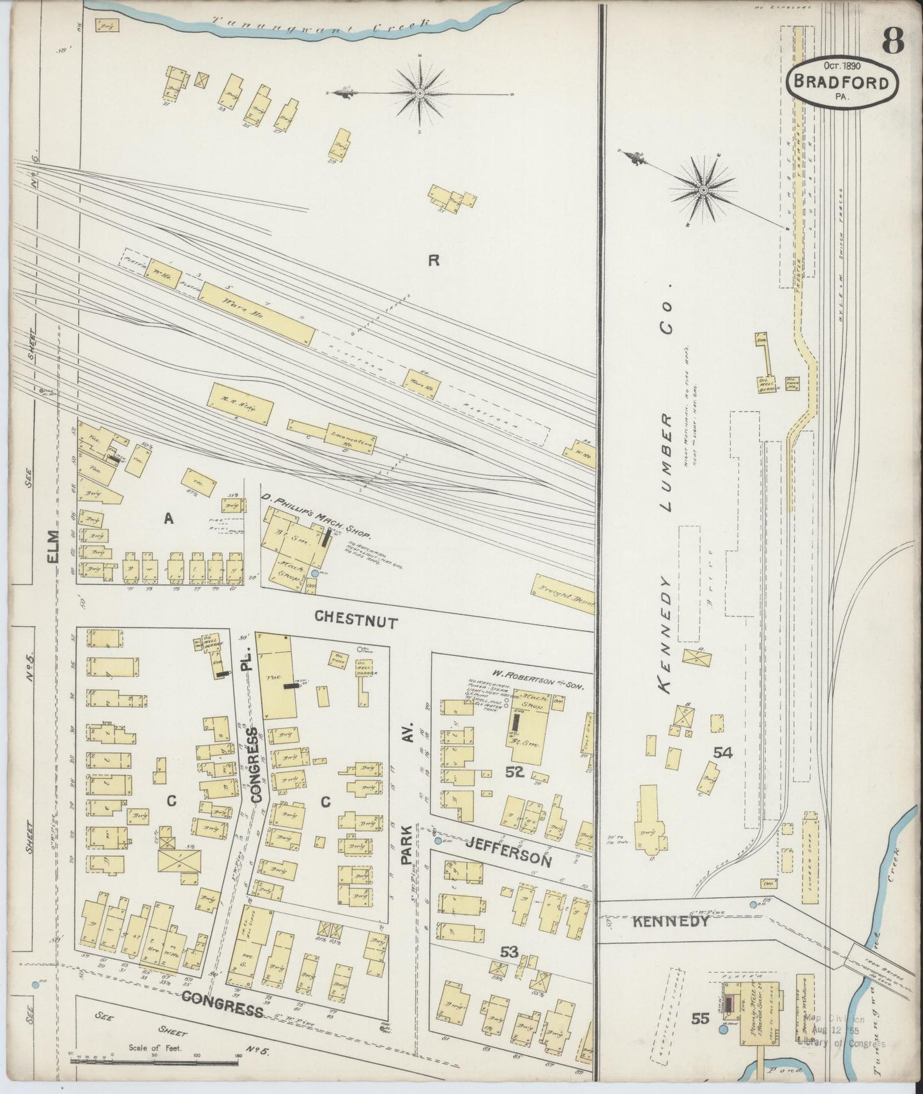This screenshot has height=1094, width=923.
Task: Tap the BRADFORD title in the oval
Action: tap(843, 84)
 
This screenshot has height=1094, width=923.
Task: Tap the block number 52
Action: tap(514, 772)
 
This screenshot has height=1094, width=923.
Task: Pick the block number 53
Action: tap(509, 952)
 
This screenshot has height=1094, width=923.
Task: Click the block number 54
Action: tap(723, 753)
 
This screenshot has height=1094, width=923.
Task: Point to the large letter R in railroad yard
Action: tap(434, 260)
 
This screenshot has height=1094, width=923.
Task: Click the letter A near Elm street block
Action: tap(169, 520)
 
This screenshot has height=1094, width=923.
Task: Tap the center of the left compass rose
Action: tap(420, 93)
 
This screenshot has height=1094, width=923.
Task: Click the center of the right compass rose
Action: tap(704, 190)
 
